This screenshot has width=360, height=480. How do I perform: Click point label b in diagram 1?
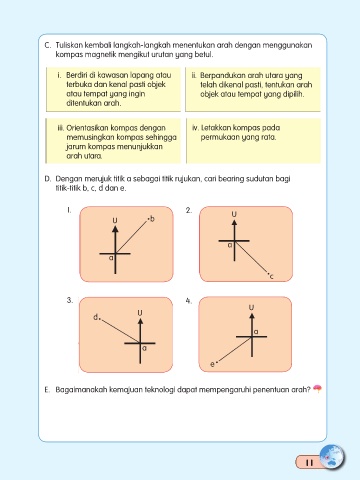tap(152, 219)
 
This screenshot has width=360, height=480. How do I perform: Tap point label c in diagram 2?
tap(271, 276)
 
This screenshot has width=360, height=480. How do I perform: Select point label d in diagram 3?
tap(95, 317)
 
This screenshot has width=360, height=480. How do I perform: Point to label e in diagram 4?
tap(212, 364)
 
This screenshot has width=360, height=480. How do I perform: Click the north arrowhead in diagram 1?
tap(115, 229)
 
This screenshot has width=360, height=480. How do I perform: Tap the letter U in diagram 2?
tap(234, 214)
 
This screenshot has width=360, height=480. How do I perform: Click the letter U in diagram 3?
tap(140, 313)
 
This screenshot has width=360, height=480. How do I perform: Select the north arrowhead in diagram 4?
tap(252, 315)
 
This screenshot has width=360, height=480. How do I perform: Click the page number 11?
tap(309, 463)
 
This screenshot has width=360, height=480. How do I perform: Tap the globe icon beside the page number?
tap(332, 457)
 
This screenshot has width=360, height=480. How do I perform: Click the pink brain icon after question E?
tap(317, 389)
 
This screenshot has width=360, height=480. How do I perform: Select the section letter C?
tap(48, 45)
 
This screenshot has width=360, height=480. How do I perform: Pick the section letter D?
tap(48, 179)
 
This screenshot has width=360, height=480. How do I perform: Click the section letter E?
tap(47, 390)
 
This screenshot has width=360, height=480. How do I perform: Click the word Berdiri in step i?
tap(77, 75)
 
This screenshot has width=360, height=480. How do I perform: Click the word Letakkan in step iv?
tap(214, 128)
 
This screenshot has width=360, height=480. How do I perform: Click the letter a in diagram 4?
tap(256, 332)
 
